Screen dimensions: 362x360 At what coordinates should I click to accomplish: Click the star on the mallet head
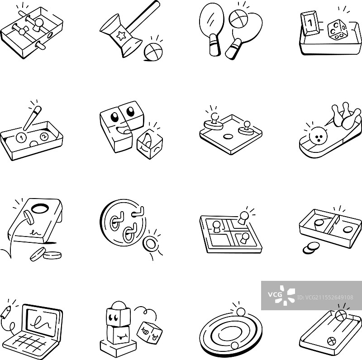point(121,36)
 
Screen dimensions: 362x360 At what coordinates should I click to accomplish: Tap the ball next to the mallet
point(152,52)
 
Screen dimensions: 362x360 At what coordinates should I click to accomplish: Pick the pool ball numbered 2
point(44,137)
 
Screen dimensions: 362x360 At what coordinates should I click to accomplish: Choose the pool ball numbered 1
point(21,138)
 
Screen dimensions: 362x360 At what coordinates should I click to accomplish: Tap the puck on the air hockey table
point(228,137)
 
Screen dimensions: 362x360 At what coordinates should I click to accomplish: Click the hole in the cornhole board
point(40,208)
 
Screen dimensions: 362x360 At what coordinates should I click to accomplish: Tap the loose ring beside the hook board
point(151,243)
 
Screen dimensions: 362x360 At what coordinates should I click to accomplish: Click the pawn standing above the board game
point(243,218)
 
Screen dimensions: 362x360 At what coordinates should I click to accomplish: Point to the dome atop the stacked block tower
point(119,305)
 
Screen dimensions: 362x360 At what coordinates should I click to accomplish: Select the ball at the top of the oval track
point(241,312)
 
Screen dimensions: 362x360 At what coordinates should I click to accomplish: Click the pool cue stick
point(32,118)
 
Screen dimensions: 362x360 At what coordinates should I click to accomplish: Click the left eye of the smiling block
point(114,117)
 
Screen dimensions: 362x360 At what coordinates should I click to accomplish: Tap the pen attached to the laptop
point(6,312)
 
